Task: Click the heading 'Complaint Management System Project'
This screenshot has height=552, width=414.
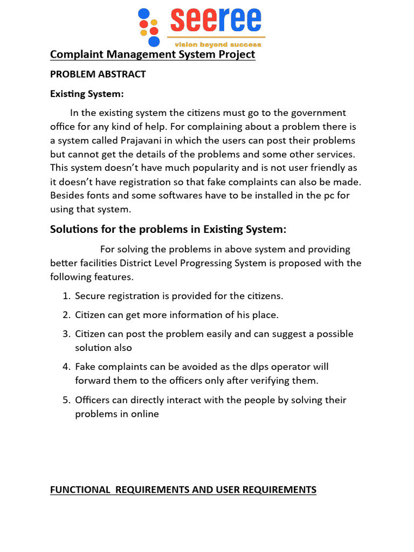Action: click(153, 54)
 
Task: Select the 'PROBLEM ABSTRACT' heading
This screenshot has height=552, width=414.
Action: click(98, 74)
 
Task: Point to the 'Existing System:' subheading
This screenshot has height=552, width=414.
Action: click(87, 94)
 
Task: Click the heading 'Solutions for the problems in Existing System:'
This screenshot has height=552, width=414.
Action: click(168, 229)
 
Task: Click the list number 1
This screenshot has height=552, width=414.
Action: click(66, 296)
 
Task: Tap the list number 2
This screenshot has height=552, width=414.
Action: click(66, 315)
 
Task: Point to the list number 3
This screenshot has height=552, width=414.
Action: click(66, 334)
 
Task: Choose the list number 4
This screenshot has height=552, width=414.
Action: click(66, 367)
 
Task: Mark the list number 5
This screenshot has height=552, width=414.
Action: click(66, 400)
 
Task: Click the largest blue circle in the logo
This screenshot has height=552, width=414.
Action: click(154, 41)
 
